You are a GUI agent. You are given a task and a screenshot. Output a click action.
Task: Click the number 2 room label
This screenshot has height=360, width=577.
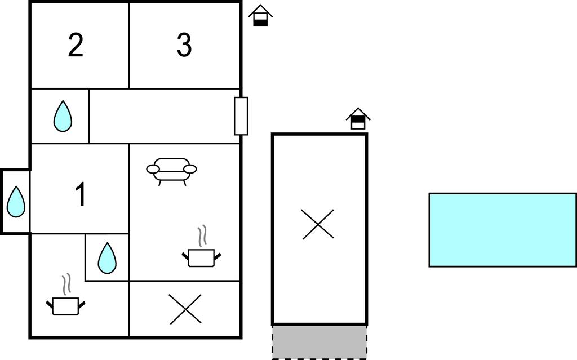(76, 45)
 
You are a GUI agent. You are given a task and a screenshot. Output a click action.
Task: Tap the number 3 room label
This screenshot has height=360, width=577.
(184, 45)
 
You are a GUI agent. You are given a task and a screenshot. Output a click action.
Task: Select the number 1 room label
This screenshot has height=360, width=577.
(81, 195)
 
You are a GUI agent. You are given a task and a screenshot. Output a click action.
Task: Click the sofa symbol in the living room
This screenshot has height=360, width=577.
(171, 171)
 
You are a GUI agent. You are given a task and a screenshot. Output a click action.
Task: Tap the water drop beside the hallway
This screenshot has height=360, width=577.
(63, 116)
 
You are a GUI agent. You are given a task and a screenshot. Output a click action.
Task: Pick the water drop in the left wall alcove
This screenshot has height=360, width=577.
(16, 202)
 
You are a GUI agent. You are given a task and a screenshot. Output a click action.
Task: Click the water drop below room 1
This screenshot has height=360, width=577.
(107, 258)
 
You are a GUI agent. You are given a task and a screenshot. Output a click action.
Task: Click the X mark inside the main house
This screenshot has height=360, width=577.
(185, 309)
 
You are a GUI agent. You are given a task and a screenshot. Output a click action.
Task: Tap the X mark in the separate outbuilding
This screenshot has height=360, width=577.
(318, 224)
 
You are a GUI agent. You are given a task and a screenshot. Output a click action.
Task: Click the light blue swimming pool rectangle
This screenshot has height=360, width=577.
(503, 230)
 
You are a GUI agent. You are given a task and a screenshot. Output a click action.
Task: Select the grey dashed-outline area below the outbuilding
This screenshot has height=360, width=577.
(319, 342)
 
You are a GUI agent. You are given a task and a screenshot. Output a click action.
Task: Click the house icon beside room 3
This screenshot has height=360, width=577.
(260, 15)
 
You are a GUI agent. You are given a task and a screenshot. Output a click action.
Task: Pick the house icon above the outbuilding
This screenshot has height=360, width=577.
(358, 118)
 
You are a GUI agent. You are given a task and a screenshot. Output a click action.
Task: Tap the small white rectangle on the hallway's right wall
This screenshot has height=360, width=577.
(241, 116)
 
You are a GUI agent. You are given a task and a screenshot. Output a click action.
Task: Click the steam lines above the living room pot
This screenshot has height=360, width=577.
(202, 236)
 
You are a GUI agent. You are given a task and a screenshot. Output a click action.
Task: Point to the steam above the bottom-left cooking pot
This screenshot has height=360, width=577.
(66, 284)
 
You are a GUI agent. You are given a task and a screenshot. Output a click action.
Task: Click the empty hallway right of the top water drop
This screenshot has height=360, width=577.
(165, 116)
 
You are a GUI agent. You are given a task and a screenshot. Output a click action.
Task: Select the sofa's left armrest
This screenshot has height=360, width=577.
(153, 169)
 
